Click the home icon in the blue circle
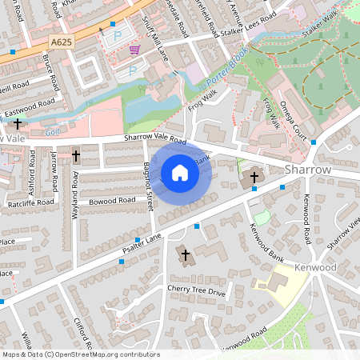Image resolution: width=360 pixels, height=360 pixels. click(180, 172)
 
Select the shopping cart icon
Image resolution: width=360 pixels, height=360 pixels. click(134, 50)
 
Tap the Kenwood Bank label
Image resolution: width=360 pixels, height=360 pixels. click(266, 246)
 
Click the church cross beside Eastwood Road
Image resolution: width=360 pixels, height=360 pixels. click(18, 124)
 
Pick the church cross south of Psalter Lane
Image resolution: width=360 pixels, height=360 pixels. click(186, 255)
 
